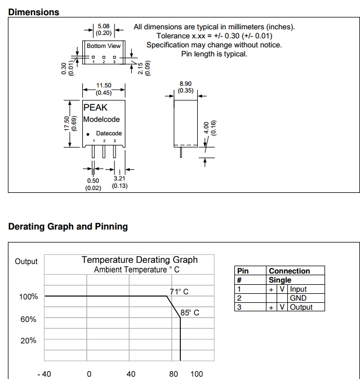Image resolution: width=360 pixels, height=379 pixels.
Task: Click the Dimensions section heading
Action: tap(33, 12)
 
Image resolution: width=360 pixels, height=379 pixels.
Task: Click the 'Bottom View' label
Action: tap(104, 46)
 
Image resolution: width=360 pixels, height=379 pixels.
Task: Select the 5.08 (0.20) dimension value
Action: tap(104, 29)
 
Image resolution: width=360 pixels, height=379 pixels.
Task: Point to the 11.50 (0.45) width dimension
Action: tap(104, 89)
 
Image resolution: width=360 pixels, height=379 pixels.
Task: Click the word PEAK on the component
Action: tap(95, 107)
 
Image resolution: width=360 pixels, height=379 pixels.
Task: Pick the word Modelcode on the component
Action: tap(101, 120)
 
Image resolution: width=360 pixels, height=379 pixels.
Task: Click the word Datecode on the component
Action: tap(109, 134)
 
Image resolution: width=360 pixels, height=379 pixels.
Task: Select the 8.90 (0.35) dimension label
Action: tap(185, 87)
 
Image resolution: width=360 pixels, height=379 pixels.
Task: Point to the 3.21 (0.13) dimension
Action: tap(119, 182)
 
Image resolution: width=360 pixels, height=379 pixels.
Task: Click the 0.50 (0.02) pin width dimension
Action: tap(93, 184)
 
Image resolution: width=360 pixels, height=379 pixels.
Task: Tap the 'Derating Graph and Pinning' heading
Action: tap(68, 227)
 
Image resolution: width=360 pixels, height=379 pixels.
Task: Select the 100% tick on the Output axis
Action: tap(29, 297)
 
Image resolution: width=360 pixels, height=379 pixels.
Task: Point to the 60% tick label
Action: tap(28, 319)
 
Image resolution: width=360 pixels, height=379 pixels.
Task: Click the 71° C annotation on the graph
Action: tap(179, 292)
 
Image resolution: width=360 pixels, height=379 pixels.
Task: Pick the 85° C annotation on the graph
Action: tap(190, 312)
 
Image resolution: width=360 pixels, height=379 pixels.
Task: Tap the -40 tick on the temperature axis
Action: tap(43, 373)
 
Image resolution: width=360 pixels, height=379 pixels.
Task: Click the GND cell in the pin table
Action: tap(298, 298)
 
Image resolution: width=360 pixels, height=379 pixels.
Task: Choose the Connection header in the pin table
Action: tap(289, 271)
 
